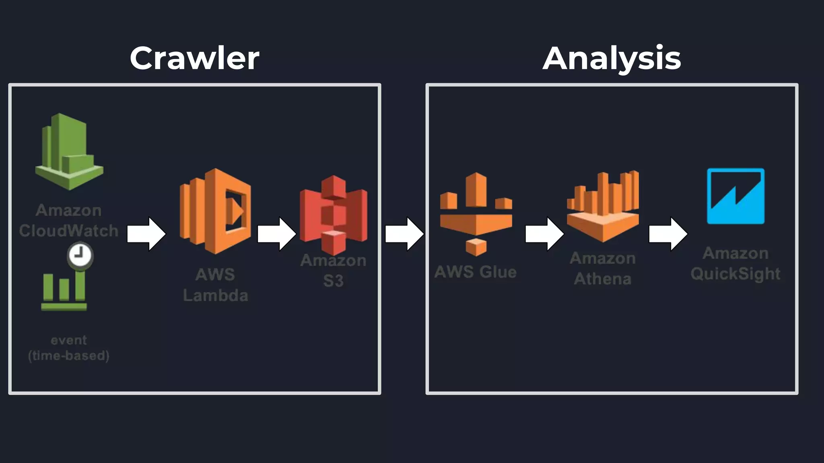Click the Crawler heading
[194, 58]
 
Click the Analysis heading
[612, 58]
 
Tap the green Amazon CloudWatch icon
[69, 152]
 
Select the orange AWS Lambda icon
[215, 211]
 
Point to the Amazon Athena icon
[603, 207]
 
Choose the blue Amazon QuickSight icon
[735, 196]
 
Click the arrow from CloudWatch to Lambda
[146, 234]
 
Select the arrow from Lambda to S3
[276, 234]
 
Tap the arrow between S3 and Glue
[404, 234]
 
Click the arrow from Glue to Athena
[544, 234]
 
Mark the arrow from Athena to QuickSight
[667, 234]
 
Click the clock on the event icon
[80, 255]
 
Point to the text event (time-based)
[69, 348]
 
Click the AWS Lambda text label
[215, 285]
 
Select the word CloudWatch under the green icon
[69, 231]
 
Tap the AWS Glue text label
[476, 272]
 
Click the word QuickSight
[735, 274]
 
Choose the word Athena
[603, 279]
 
